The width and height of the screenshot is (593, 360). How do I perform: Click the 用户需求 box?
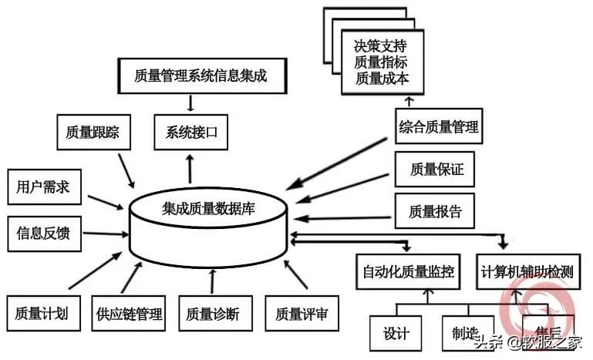pos(44,187)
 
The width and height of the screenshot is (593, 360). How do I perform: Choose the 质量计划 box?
pos(42,313)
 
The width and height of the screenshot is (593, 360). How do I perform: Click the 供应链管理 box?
pos(130,313)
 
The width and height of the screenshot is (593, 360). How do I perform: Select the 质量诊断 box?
pos(212,313)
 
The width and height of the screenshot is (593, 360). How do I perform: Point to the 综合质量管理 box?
pos(439,126)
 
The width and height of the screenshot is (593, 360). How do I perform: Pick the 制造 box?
pos(463,334)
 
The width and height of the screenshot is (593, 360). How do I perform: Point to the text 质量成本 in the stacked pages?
pos(379,77)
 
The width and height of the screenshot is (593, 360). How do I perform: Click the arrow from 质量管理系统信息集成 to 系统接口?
pos(190,103)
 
